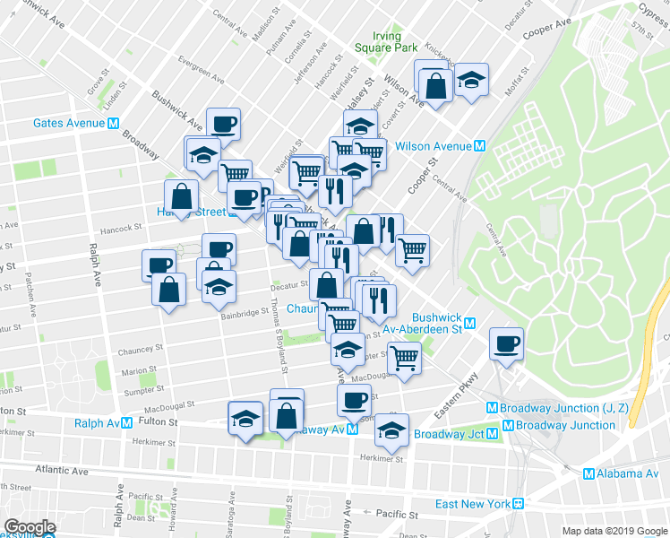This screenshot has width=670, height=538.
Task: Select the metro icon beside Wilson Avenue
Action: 480,146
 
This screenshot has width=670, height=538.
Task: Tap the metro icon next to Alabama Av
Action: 588,474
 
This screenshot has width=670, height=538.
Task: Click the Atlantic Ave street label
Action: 63,470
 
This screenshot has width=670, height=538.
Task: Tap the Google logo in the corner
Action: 30,528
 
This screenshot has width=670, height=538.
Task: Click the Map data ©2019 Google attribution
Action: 614,531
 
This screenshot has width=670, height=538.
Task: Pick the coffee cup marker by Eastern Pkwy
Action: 507,343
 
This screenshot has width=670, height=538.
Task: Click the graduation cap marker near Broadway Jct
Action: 391,430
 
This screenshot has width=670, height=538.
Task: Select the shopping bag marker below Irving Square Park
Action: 434,85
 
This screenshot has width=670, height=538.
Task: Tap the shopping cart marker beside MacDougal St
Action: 405,358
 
